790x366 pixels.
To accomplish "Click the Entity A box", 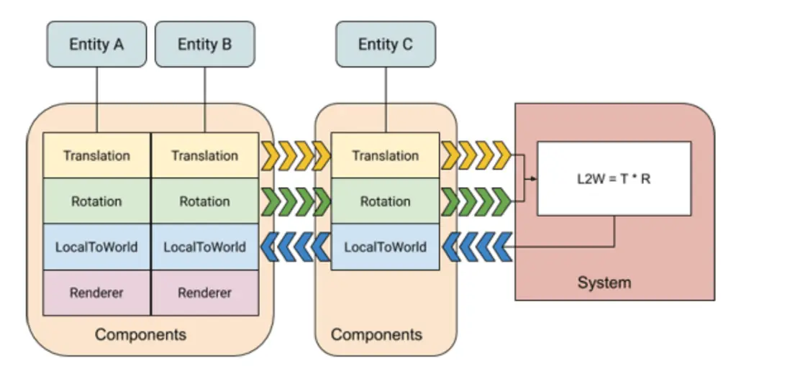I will pyautogui.click(x=96, y=45).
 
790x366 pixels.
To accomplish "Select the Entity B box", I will pyautogui.click(x=205, y=45).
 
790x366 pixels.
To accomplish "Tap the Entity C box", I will pyautogui.click(x=386, y=45).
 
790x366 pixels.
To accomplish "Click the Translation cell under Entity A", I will pyautogui.click(x=96, y=155).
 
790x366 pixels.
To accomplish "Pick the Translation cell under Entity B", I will pyautogui.click(x=205, y=155).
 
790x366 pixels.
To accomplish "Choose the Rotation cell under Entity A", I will pyautogui.click(x=96, y=201).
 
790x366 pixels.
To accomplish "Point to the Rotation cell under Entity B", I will pyautogui.click(x=205, y=201).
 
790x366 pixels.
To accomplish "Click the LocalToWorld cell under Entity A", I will pyautogui.click(x=96, y=247).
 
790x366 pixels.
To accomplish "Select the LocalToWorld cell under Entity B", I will pyautogui.click(x=205, y=247).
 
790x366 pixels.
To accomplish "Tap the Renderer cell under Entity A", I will pyautogui.click(x=96, y=293).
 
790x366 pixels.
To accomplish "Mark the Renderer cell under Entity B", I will pyautogui.click(x=205, y=293).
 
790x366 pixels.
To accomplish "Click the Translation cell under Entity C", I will pyautogui.click(x=386, y=155).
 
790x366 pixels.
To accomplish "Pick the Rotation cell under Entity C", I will pyautogui.click(x=386, y=201).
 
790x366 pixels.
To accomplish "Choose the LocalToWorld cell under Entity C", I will pyautogui.click(x=386, y=247).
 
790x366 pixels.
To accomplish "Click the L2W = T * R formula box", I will pyautogui.click(x=614, y=178).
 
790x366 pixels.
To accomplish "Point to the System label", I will pyautogui.click(x=604, y=283).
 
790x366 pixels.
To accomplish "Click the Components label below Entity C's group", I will pyautogui.click(x=376, y=334).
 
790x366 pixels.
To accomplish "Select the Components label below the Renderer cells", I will pyautogui.click(x=140, y=334).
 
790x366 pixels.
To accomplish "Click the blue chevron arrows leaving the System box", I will pyautogui.click(x=476, y=247).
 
